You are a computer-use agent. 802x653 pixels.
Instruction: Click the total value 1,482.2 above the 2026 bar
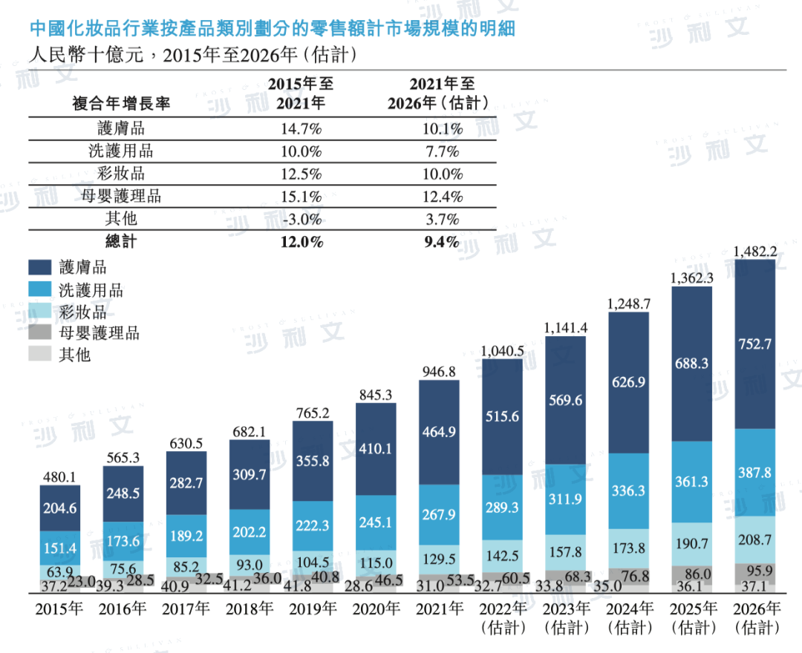754,252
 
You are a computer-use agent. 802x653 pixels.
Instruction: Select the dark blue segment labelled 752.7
754,344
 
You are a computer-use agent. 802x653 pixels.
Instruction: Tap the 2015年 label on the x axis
59,610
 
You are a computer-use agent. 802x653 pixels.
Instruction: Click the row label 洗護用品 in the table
121,151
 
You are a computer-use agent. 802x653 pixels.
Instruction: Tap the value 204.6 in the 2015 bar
59,509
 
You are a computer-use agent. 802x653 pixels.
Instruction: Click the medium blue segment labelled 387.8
754,473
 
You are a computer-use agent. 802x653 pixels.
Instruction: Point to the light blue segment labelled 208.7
754,539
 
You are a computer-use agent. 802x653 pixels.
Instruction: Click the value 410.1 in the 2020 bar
376,449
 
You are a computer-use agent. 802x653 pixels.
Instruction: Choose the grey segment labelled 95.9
754,572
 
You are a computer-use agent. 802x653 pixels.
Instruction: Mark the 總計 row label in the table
121,242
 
